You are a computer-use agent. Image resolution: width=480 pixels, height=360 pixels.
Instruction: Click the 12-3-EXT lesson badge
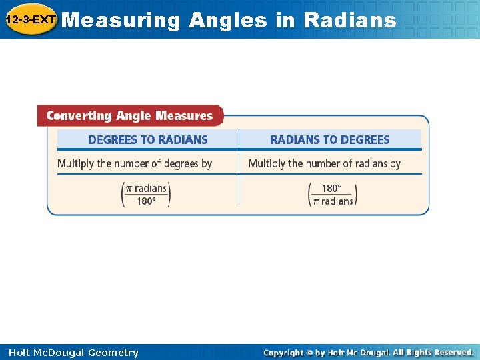[x=30, y=19]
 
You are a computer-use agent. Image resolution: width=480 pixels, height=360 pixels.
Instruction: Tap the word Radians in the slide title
[x=349, y=20]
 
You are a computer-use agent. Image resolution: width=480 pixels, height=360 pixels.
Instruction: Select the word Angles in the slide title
[x=227, y=20]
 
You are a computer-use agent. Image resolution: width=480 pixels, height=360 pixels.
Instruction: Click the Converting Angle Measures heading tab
[x=129, y=116]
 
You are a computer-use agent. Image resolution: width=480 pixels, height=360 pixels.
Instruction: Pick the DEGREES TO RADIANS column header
[x=148, y=140]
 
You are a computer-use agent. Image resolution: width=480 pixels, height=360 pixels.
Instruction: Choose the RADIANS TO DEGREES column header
[x=329, y=140]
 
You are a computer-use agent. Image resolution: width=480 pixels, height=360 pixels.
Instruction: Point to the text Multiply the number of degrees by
[x=135, y=163]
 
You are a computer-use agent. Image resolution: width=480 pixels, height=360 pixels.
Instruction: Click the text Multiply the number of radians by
[x=325, y=163]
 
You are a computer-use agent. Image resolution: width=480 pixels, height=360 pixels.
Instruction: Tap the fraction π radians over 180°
[x=146, y=194]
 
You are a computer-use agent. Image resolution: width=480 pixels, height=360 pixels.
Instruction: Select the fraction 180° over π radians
[x=333, y=194]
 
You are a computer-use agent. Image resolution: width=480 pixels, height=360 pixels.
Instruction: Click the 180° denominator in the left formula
[x=146, y=201]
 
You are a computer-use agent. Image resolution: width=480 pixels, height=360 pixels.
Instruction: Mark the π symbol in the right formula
[x=316, y=201]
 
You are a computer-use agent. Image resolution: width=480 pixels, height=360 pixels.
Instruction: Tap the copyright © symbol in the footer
[x=310, y=353]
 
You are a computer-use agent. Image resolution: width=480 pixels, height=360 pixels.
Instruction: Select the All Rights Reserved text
[x=433, y=352]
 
